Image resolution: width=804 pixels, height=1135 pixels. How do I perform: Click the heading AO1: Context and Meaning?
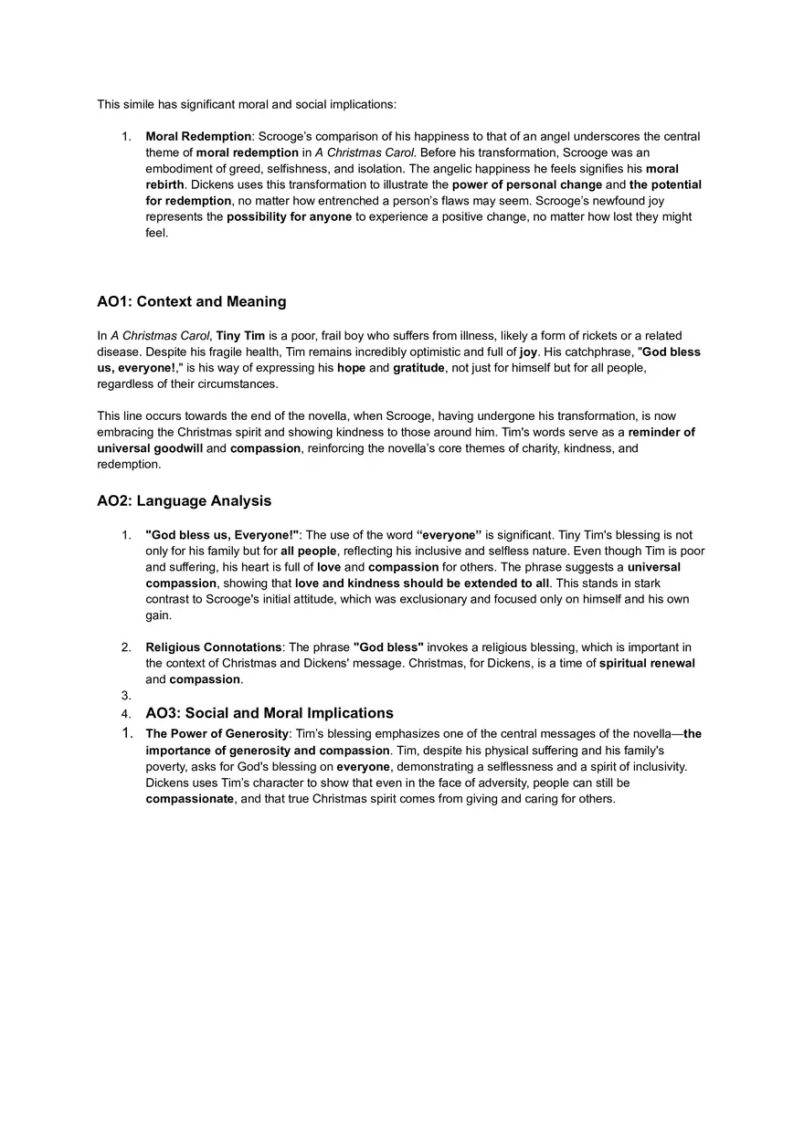pos(191,301)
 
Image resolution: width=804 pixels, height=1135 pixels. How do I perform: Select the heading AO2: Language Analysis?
pos(184,500)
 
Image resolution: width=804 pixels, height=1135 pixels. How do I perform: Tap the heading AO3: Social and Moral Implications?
pos(270,713)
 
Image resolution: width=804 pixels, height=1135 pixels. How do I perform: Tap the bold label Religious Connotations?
pos(214,647)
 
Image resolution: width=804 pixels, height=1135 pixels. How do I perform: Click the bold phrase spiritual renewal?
pos(647,663)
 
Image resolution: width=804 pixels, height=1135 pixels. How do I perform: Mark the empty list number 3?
pos(126,695)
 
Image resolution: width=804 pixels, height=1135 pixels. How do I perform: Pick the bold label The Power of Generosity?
pos(217,734)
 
